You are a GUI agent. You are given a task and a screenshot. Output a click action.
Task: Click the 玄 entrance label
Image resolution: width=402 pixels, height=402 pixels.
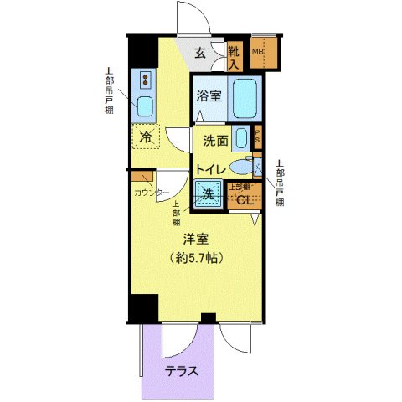(x=201, y=54)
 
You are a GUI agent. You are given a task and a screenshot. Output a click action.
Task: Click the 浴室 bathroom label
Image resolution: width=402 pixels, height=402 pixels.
(x=209, y=96)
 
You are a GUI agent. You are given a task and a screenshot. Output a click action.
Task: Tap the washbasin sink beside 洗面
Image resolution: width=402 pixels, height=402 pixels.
(x=241, y=138)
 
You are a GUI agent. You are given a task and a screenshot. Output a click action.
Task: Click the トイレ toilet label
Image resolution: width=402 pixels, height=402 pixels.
(x=209, y=169)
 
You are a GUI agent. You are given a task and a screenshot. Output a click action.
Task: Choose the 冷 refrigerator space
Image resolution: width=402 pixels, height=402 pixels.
(x=145, y=137)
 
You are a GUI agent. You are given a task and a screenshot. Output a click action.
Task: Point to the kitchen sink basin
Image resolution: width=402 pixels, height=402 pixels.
(x=145, y=106)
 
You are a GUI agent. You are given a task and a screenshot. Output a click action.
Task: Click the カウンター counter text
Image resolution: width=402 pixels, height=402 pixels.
(x=152, y=193)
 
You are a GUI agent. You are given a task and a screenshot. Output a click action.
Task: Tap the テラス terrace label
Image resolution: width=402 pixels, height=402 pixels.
(x=181, y=372)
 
